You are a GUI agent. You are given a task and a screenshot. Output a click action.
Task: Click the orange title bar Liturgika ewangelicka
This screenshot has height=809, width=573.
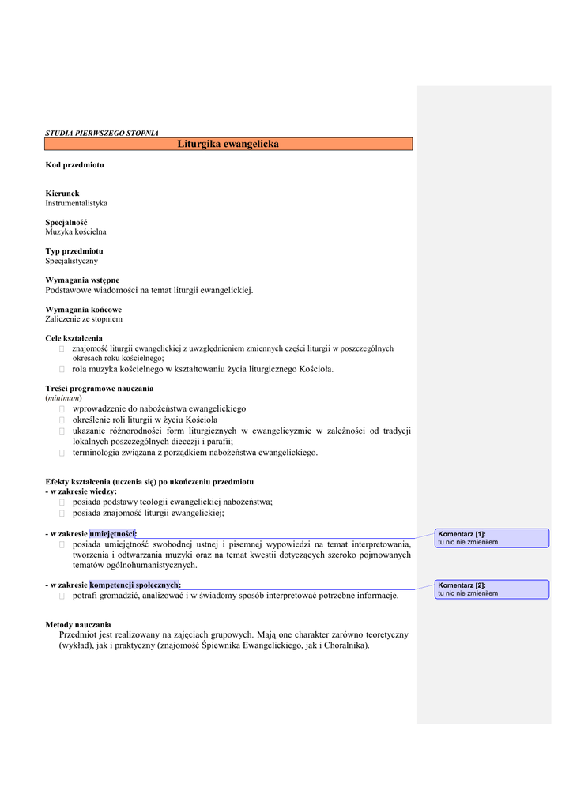pyautogui.click(x=228, y=145)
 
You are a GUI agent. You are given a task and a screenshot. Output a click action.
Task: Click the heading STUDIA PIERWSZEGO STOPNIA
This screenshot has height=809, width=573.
pyautogui.click(x=102, y=133)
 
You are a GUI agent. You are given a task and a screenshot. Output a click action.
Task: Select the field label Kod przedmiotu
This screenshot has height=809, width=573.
pyautogui.click(x=74, y=165)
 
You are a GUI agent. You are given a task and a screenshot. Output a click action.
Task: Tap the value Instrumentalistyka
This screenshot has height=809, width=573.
pyautogui.click(x=76, y=203)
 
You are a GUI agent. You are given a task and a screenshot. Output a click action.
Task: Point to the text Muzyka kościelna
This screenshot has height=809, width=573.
pyautogui.click(x=76, y=232)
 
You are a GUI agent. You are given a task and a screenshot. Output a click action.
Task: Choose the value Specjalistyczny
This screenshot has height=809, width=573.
pyautogui.click(x=72, y=261)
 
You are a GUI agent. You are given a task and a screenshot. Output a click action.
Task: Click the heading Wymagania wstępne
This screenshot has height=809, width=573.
pyautogui.click(x=82, y=280)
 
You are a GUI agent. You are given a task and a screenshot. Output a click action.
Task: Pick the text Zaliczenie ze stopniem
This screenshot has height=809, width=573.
pyautogui.click(x=84, y=319)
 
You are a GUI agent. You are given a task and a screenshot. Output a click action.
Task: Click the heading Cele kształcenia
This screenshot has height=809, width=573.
pyautogui.click(x=74, y=338)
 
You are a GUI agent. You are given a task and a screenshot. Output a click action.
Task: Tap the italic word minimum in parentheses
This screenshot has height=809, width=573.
pyautogui.click(x=63, y=398)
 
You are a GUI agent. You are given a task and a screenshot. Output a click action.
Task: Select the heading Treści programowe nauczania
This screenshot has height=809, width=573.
pyautogui.click(x=100, y=389)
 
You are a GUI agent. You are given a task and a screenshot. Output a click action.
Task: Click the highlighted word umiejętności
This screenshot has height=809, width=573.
pyautogui.click(x=112, y=534)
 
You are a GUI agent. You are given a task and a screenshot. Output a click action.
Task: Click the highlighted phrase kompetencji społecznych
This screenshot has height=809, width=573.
pyautogui.click(x=134, y=585)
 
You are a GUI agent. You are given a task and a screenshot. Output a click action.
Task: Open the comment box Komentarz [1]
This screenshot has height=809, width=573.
pyautogui.click(x=493, y=538)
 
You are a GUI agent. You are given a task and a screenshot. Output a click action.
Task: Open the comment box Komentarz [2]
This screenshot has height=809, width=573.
pyautogui.click(x=493, y=589)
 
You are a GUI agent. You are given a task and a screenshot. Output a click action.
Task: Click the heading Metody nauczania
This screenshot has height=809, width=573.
pyautogui.click(x=78, y=624)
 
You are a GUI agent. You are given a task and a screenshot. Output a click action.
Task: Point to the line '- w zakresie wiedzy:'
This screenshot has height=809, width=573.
pyautogui.click(x=81, y=491)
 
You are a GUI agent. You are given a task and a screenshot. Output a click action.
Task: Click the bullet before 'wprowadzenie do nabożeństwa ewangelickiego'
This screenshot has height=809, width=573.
pyautogui.click(x=62, y=409)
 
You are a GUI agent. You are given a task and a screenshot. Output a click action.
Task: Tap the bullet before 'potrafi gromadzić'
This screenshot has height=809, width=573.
pyautogui.click(x=62, y=596)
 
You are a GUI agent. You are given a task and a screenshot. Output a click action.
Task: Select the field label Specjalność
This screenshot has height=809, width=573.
pyautogui.click(x=66, y=223)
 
